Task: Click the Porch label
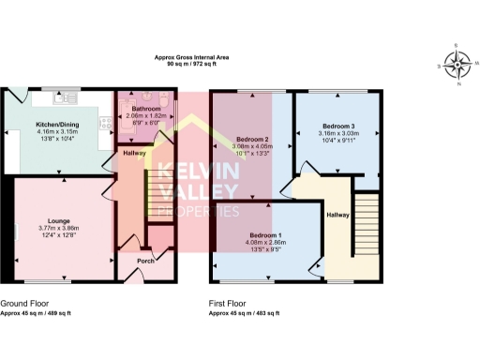(x=144, y=260)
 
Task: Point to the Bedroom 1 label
(x=268, y=234)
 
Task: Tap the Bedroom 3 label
(x=338, y=126)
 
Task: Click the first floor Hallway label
(x=337, y=215)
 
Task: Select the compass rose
(x=458, y=65)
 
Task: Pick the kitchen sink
(x=69, y=97)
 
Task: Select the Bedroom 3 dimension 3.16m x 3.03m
(x=338, y=133)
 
